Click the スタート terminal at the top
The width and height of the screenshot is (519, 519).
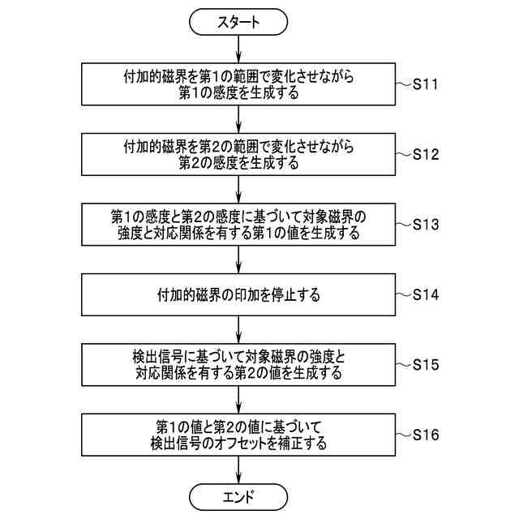[x=238, y=22]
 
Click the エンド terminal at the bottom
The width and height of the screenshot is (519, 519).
[x=238, y=495]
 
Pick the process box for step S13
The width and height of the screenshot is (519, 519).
[x=238, y=224]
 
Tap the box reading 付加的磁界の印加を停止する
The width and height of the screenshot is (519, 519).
[x=238, y=294]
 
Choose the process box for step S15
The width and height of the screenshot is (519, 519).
[x=238, y=364]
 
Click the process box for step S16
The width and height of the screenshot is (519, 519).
[x=238, y=434]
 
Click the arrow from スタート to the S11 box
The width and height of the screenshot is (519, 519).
[x=238, y=49]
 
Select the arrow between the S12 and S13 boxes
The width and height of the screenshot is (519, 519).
[x=238, y=189]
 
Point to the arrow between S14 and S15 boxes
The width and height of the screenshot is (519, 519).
[x=238, y=329]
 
